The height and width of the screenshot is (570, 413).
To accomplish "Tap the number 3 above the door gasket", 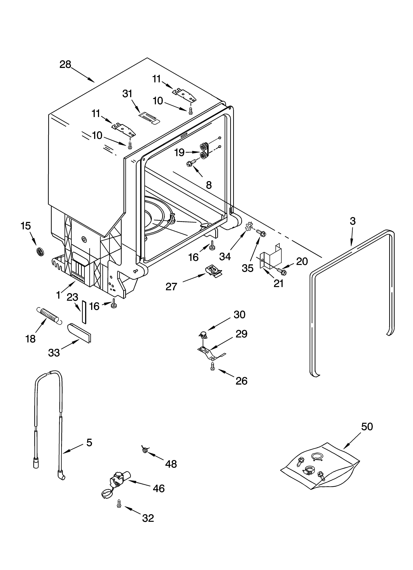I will click(x=353, y=221).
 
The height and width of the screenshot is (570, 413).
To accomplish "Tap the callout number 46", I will click(x=159, y=488).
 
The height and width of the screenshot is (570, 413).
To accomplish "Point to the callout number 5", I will click(x=89, y=442).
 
